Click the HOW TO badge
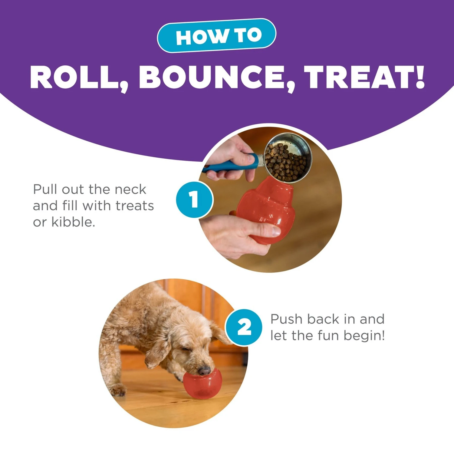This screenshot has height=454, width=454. click(x=217, y=36)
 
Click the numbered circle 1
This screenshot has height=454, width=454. click(x=194, y=199)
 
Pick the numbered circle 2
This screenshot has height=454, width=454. click(x=244, y=327)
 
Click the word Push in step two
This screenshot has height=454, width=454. click(x=286, y=319)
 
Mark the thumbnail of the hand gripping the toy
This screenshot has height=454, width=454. click(x=276, y=231)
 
